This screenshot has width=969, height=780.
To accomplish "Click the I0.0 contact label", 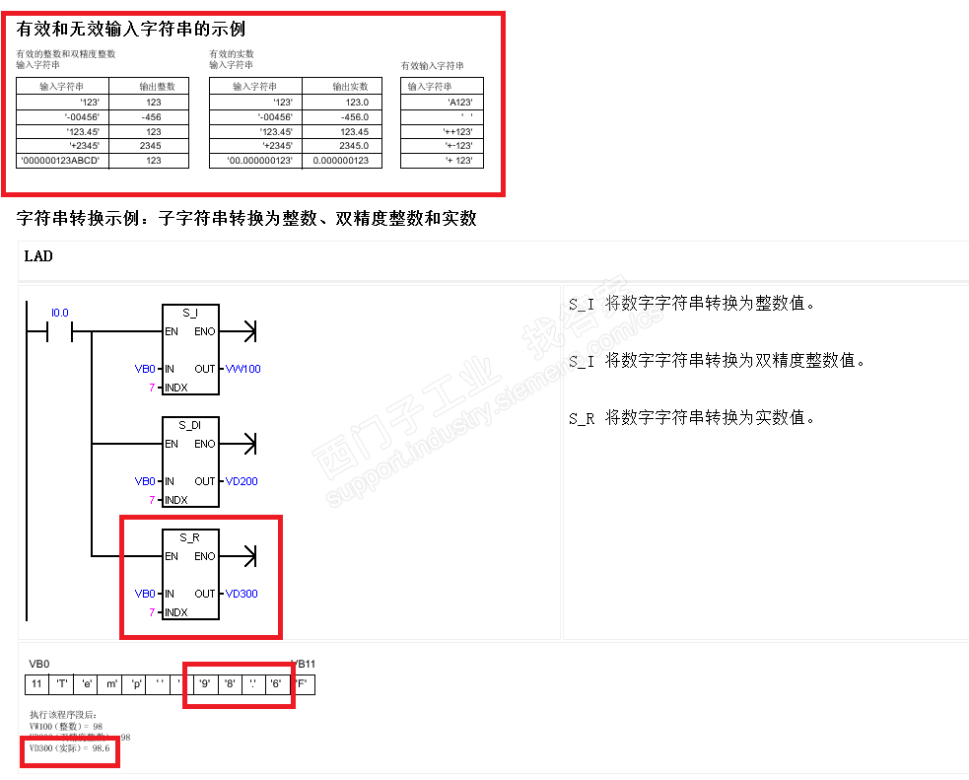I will coord(60,313).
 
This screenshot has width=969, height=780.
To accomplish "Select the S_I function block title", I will coord(190,313).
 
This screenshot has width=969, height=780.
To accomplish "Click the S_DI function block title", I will coord(190,425).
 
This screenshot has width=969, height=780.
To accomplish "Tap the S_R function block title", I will coord(190,537).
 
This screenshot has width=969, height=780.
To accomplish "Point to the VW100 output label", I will coord(242,369).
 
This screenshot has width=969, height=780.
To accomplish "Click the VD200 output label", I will coord(242,481).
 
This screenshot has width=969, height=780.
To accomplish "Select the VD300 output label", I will coord(242,594).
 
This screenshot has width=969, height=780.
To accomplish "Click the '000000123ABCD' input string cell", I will coord(61,161).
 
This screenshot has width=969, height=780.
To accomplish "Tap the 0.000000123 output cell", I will coord(340,161).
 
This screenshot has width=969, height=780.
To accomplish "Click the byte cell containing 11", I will coord(36,683).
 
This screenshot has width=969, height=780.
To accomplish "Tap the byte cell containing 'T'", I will coord(61,683).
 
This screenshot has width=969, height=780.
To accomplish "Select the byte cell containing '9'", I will coord(205,683).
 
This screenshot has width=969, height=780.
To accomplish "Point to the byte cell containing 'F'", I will coord(302,683).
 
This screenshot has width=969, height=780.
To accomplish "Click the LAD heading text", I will coord(38,256).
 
